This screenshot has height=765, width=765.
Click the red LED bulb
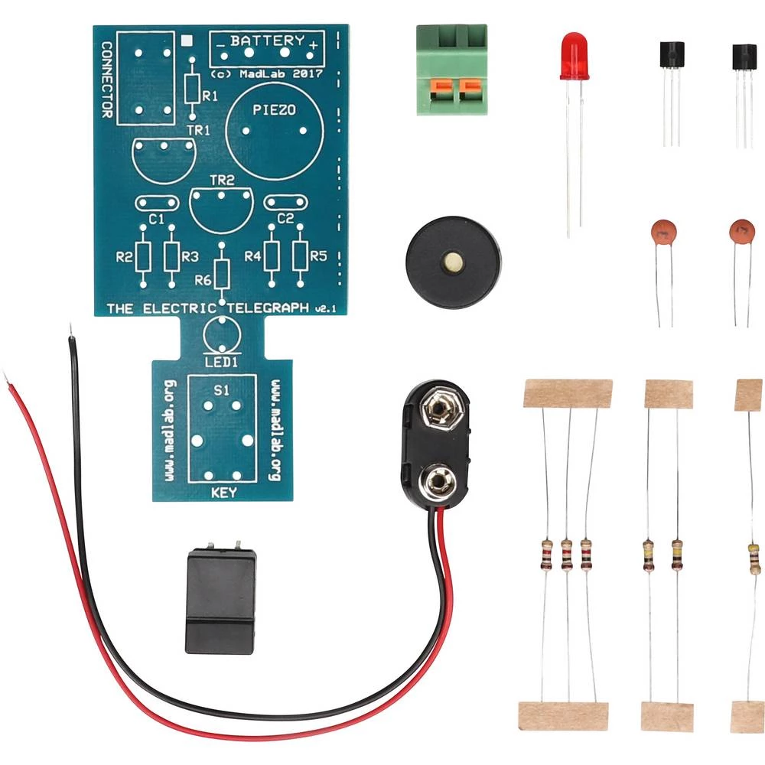point(574,56)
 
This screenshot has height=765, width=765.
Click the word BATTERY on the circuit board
point(267,41)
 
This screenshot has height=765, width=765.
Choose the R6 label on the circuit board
point(203,281)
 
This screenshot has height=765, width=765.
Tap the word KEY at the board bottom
point(223,493)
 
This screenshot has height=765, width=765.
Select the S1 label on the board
point(221,390)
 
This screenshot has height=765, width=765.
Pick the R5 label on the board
point(319,256)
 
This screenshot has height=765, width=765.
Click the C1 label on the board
point(157,219)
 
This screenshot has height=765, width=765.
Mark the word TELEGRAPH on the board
point(271,308)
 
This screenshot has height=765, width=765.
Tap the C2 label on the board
point(285,219)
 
